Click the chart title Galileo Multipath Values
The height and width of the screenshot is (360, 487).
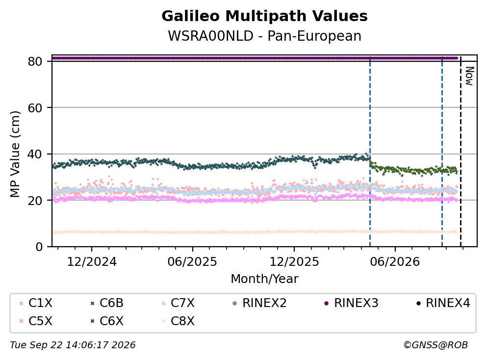pos(264,16)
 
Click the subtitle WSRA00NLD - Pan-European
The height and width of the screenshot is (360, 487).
pos(264,36)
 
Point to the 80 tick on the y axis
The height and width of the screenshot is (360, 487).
pos(35,61)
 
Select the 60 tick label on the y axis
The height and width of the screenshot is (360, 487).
pos(35,108)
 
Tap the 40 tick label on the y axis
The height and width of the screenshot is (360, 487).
pos(35,154)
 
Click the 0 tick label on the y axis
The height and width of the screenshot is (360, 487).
pos(39,247)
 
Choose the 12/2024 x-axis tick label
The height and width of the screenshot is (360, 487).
pos(92,262)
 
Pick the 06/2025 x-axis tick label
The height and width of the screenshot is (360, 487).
pos(192,262)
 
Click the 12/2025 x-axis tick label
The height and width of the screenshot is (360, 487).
pos(294,262)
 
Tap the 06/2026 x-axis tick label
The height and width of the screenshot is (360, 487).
pos(395,262)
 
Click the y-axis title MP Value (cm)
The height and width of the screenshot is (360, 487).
pos(15,154)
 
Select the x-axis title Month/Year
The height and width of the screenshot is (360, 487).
pos(264,279)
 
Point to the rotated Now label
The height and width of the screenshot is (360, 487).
pos(470,76)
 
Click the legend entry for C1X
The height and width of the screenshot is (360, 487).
pos(36,303)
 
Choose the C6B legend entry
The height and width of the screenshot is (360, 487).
pos(107,303)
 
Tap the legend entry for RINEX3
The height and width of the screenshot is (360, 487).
pos(351,303)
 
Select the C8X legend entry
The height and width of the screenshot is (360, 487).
pos(179,321)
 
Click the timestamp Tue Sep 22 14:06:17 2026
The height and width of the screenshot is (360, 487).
pos(73,345)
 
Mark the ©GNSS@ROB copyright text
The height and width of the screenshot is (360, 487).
pos(436,345)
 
